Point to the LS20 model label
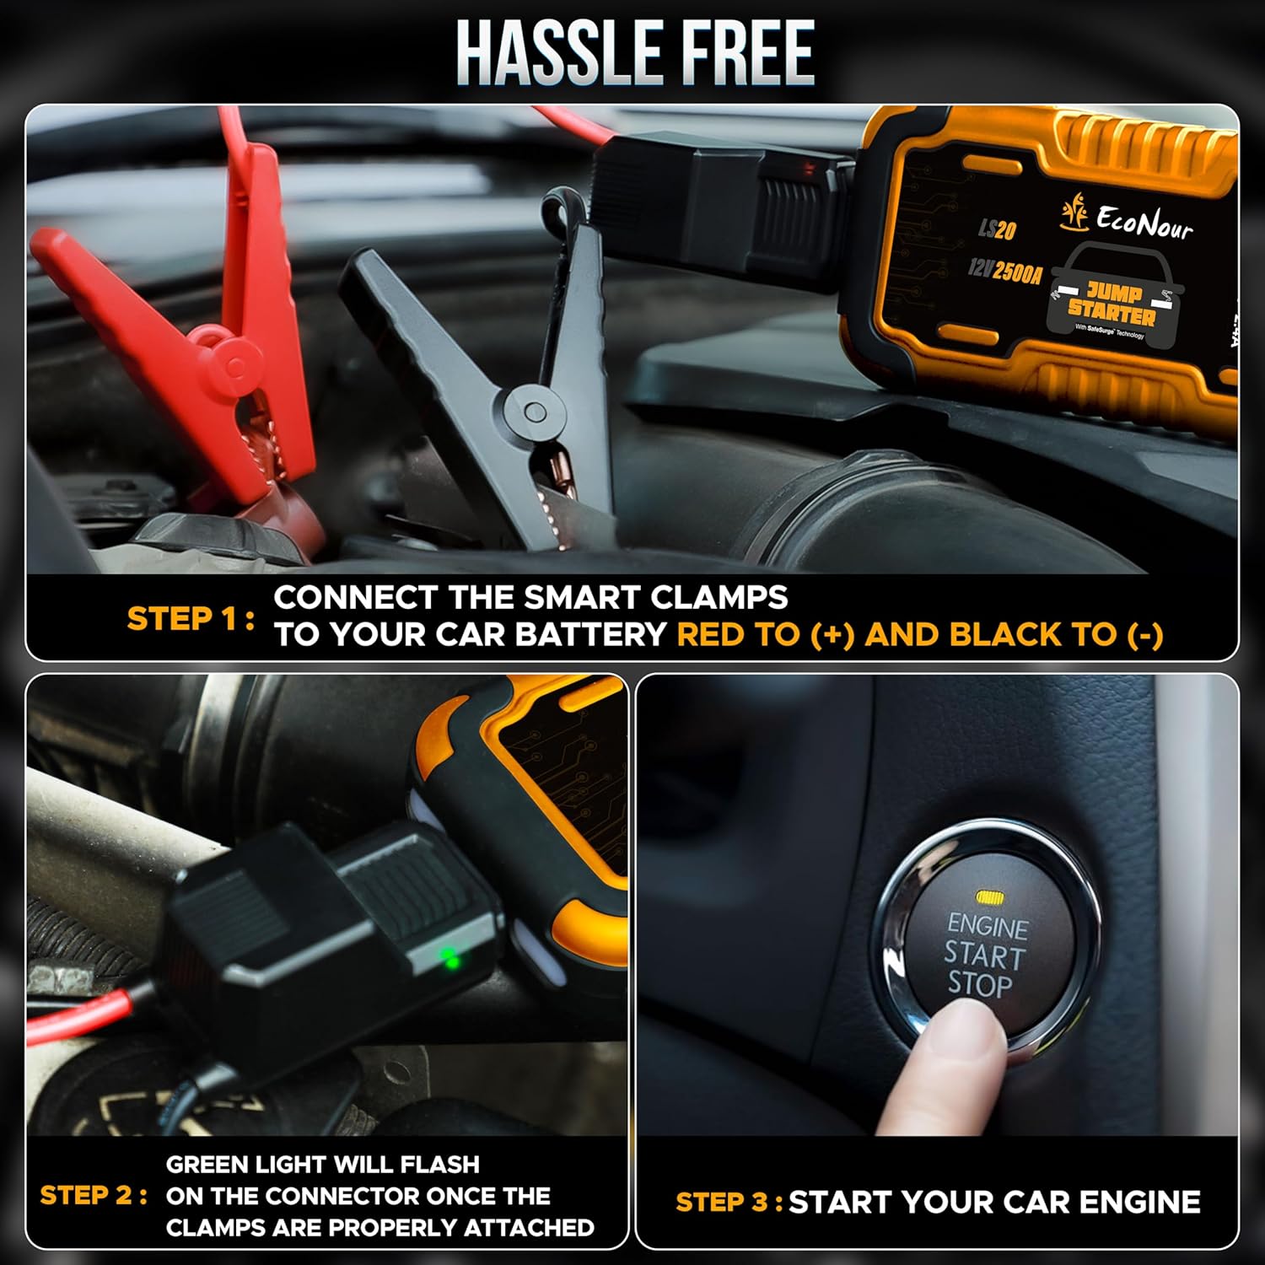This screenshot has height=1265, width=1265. [x=997, y=229]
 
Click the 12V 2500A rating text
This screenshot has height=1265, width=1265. [x=1004, y=271]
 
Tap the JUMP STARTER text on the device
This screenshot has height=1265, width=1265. [x=1112, y=304]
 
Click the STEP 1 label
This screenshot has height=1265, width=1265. [x=190, y=618]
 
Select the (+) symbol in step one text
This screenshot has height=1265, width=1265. [x=832, y=634]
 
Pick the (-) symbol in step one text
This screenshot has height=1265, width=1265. [x=1144, y=634]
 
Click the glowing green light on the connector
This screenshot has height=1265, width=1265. [x=451, y=959]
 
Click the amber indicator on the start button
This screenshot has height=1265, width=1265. [x=987, y=896]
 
